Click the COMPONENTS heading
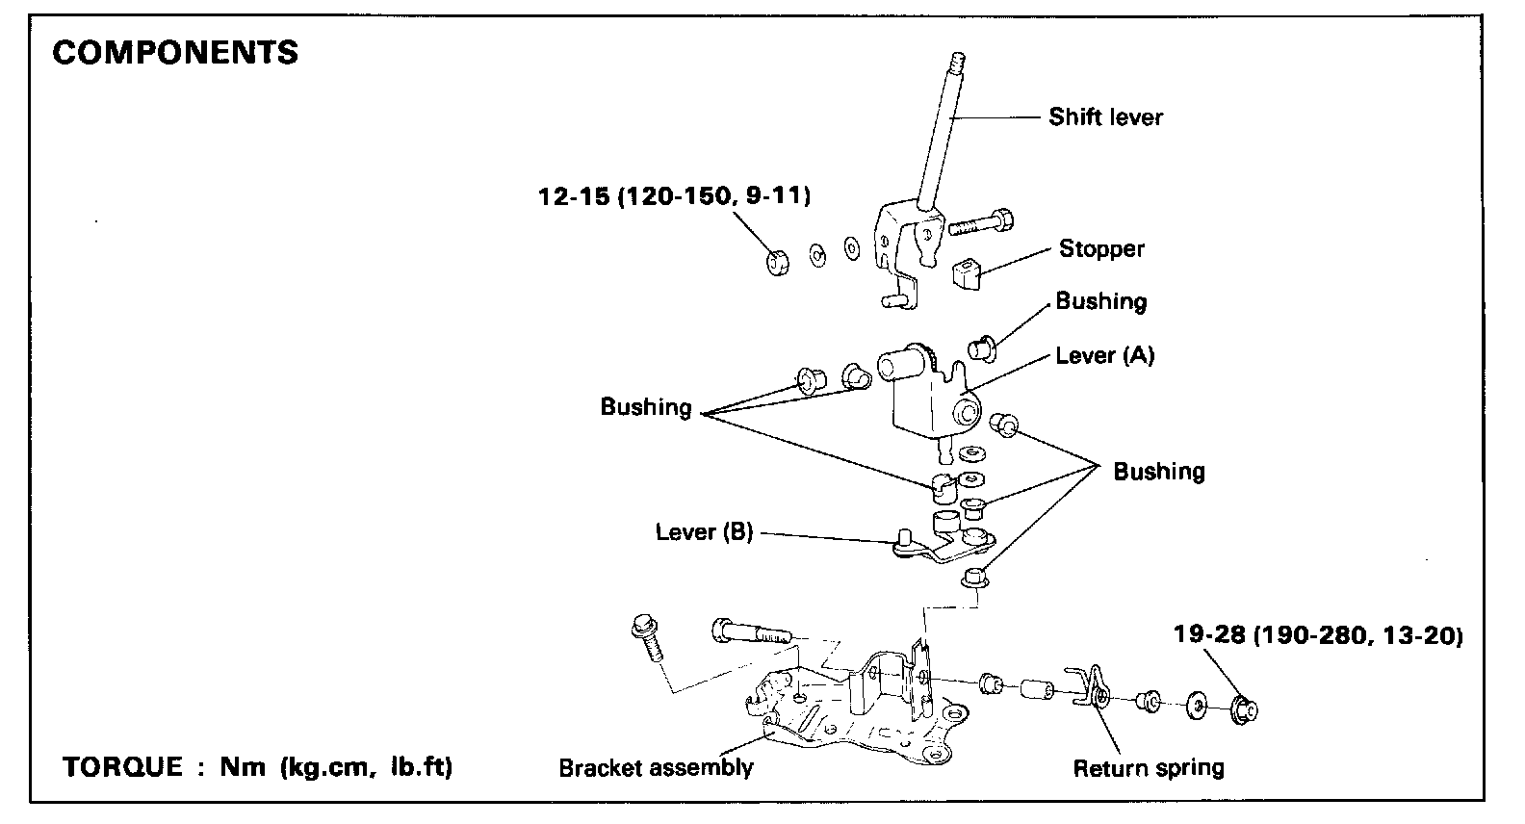175,52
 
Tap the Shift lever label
1105,117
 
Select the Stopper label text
1101,249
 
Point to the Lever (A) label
1105,355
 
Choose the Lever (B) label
705,531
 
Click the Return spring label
1149,768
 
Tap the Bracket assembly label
657,768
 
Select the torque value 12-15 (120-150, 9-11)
674,196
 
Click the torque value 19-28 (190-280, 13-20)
1318,634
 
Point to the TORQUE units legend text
257,767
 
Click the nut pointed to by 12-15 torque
778,262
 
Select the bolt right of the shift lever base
980,222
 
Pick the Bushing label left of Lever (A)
645,407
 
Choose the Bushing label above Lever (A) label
1100,301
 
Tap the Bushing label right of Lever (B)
1159,471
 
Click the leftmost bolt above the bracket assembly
647,637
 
